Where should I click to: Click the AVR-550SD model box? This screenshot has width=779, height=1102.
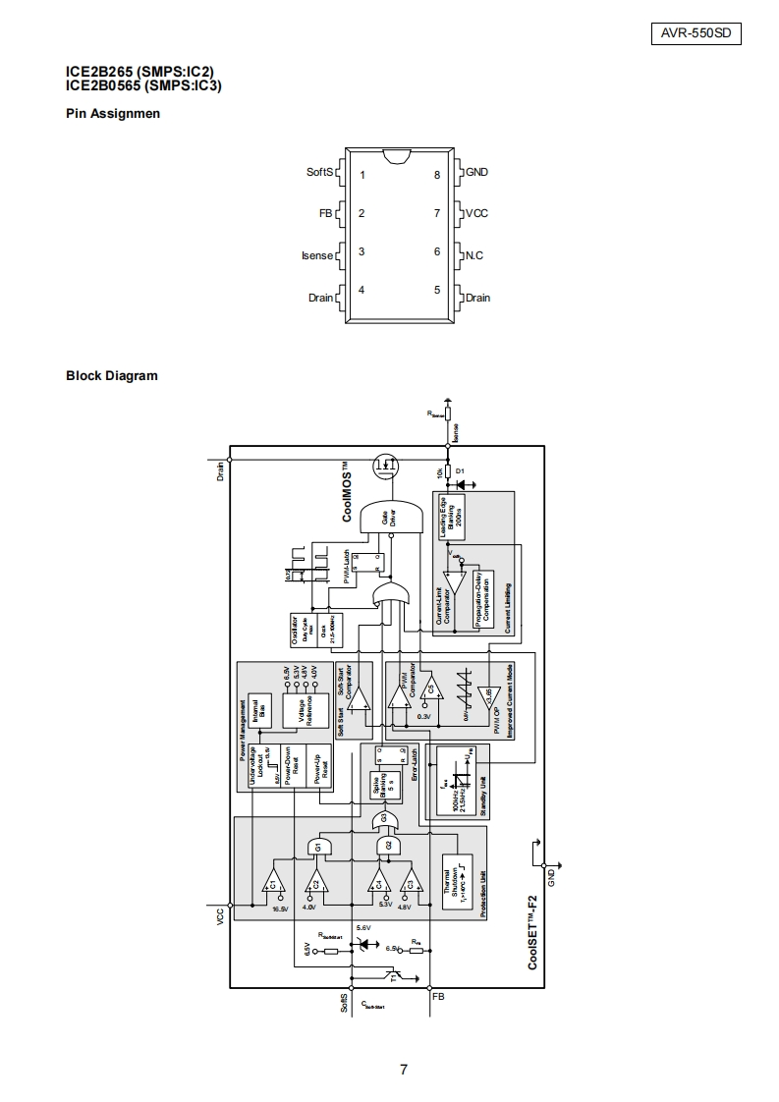(x=696, y=33)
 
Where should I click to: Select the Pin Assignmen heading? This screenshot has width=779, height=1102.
(x=113, y=113)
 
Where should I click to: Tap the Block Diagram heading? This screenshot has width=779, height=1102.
(x=111, y=375)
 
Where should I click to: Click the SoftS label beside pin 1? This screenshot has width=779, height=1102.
(x=320, y=172)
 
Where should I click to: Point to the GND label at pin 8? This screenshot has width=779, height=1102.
(x=476, y=172)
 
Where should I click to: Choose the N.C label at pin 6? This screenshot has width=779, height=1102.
(x=473, y=255)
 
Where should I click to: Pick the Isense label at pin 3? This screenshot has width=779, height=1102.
(x=317, y=255)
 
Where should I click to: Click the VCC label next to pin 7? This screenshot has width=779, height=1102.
(x=476, y=213)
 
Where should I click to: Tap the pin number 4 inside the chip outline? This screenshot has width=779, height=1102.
(x=362, y=290)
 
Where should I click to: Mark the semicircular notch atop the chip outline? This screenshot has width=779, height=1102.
(x=396, y=155)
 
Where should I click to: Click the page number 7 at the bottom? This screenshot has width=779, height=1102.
(x=404, y=1070)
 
